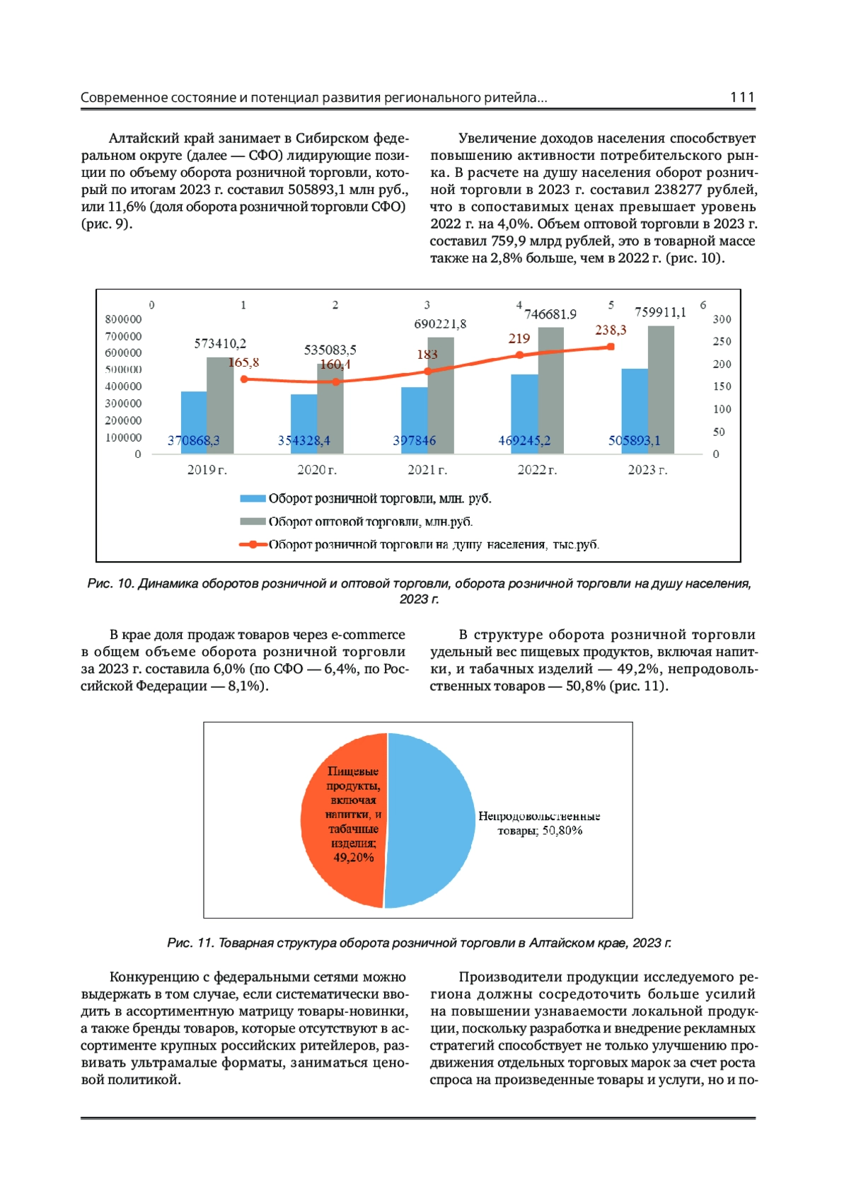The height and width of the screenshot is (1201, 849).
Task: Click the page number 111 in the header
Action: pyautogui.click(x=742, y=98)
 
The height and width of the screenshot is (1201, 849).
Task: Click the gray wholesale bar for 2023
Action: pyautogui.click(x=661, y=389)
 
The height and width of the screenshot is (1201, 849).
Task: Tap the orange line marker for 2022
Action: pyautogui.click(x=519, y=355)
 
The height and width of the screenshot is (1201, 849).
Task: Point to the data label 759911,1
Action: pyautogui.click(x=660, y=312)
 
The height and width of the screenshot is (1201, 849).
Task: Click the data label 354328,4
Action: pyautogui.click(x=304, y=441)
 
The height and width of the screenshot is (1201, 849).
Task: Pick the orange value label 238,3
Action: pyautogui.click(x=611, y=330)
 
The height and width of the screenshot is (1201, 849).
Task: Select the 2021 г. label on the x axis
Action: pyautogui.click(x=427, y=470)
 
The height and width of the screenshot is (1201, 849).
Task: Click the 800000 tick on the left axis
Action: pyautogui.click(x=123, y=319)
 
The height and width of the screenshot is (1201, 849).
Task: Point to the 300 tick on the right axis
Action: pyautogui.click(x=722, y=319)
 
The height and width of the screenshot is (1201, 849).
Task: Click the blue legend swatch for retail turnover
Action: pyautogui.click(x=253, y=499)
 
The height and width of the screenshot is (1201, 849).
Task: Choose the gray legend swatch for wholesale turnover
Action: pyautogui.click(x=253, y=522)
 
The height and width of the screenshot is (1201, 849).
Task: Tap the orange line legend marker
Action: pyautogui.click(x=253, y=544)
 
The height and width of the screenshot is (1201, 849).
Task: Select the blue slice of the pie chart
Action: pyautogui.click(x=432, y=821)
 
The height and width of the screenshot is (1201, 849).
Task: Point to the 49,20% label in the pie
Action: pyautogui.click(x=353, y=858)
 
